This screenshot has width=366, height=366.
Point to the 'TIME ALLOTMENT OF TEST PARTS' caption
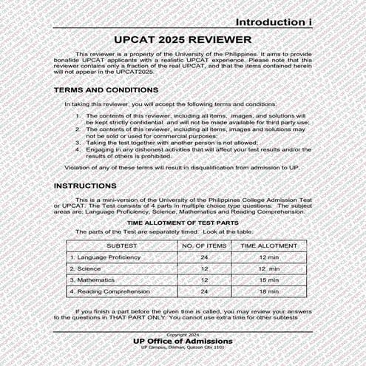click(x=183, y=222)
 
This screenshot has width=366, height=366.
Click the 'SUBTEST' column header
click(x=121, y=245)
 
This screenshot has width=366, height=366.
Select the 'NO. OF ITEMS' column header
click(x=203, y=245)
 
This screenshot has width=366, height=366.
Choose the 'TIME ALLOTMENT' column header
click(x=269, y=245)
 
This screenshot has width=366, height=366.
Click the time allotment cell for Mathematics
click(x=269, y=280)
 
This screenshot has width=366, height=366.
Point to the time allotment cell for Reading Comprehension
click(x=269, y=292)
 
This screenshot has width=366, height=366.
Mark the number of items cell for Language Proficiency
click(x=203, y=257)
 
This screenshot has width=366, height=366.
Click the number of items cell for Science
click(x=203, y=268)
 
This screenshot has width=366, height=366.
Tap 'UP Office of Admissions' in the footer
click(x=183, y=341)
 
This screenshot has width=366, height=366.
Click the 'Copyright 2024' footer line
click(x=183, y=335)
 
